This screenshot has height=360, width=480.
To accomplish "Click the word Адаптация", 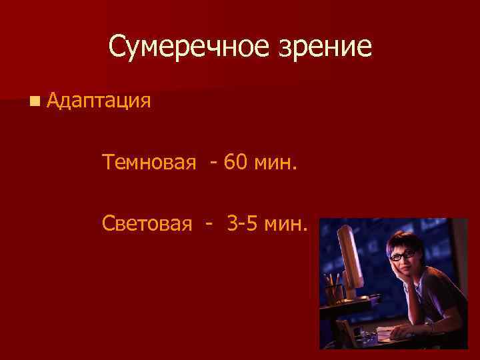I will click(99, 101).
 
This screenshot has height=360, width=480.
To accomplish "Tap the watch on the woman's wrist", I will click(432, 326).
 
